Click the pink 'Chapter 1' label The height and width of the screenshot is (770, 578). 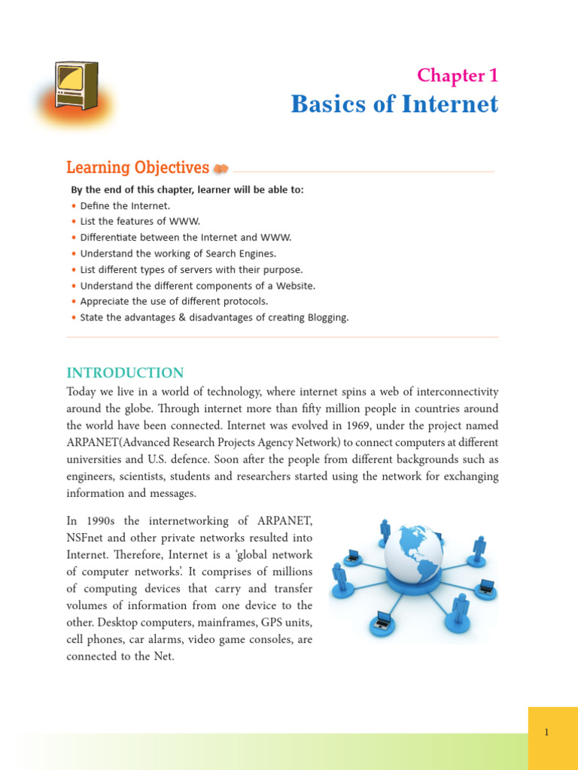[458, 75]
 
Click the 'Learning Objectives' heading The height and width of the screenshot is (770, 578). [138, 168]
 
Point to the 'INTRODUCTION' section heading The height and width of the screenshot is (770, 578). [125, 373]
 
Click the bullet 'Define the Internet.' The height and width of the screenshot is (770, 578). [126, 205]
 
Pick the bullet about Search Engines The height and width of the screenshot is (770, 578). [178, 253]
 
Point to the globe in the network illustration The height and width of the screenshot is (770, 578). [413, 554]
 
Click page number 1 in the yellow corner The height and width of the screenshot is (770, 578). [546, 732]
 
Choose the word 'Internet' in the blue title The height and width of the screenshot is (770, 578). [450, 104]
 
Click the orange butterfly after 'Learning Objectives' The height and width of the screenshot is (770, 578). [221, 169]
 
